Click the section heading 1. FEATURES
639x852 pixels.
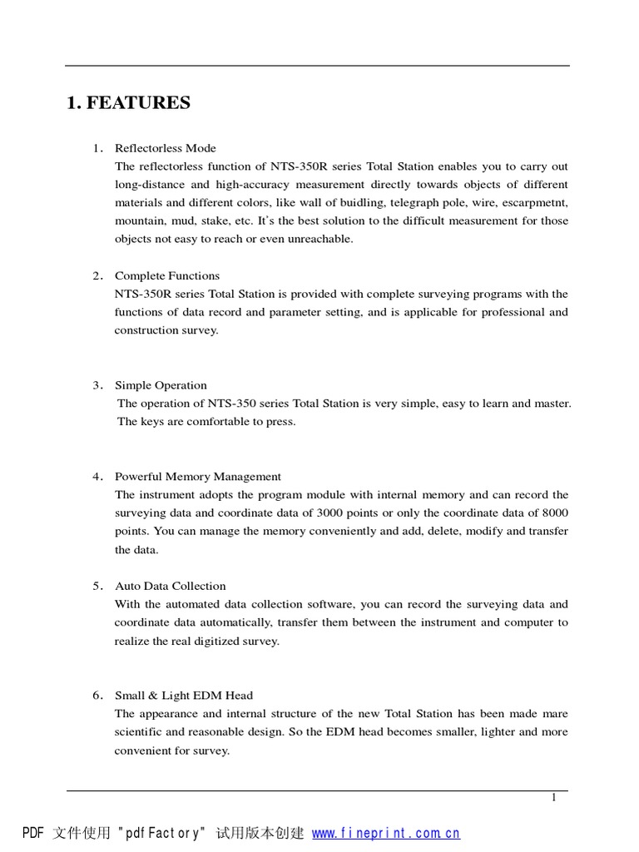128,103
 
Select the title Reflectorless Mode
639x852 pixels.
165,148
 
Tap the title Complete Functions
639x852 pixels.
167,275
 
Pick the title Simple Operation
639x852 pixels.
161,385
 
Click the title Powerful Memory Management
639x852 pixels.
198,477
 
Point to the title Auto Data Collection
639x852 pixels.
170,586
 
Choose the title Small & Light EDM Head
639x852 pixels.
183,696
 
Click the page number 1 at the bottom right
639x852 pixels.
553,798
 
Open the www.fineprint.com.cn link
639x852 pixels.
386,833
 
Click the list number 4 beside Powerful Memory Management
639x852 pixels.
97,477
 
